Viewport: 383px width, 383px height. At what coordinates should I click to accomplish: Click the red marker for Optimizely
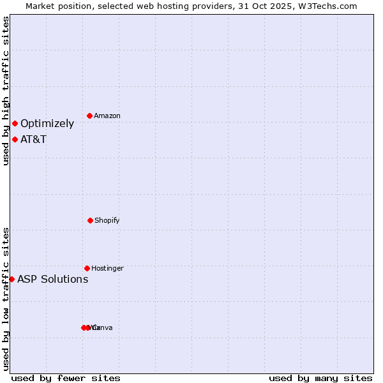pos(15,123)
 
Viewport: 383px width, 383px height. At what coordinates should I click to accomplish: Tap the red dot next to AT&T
pos(15,139)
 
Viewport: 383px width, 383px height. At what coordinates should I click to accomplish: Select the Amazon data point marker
pos(90,116)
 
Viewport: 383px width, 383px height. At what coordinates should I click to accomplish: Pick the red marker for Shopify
pos(90,220)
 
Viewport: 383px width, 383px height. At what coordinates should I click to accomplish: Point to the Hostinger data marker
pos(87,268)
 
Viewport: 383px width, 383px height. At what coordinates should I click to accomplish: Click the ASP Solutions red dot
pos(11,279)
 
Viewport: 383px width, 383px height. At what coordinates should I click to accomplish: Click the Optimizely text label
pos(47,123)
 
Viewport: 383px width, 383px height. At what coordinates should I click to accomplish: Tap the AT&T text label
pos(33,139)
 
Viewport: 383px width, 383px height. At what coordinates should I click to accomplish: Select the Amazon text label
pos(107,116)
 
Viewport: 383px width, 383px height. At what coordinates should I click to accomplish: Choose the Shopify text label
pos(107,220)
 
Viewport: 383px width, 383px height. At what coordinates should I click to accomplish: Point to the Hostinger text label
pos(107,268)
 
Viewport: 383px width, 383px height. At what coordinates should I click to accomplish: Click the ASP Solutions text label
pos(52,279)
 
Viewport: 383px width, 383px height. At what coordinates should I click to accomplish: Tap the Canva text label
pos(103,327)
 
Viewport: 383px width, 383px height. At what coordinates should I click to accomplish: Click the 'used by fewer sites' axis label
pos(66,378)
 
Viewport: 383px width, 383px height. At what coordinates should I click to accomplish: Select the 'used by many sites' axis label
pos(320,378)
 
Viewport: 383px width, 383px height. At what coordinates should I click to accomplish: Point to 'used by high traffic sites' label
pos(6,91)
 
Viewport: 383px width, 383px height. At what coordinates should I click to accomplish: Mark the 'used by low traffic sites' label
pos(6,299)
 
